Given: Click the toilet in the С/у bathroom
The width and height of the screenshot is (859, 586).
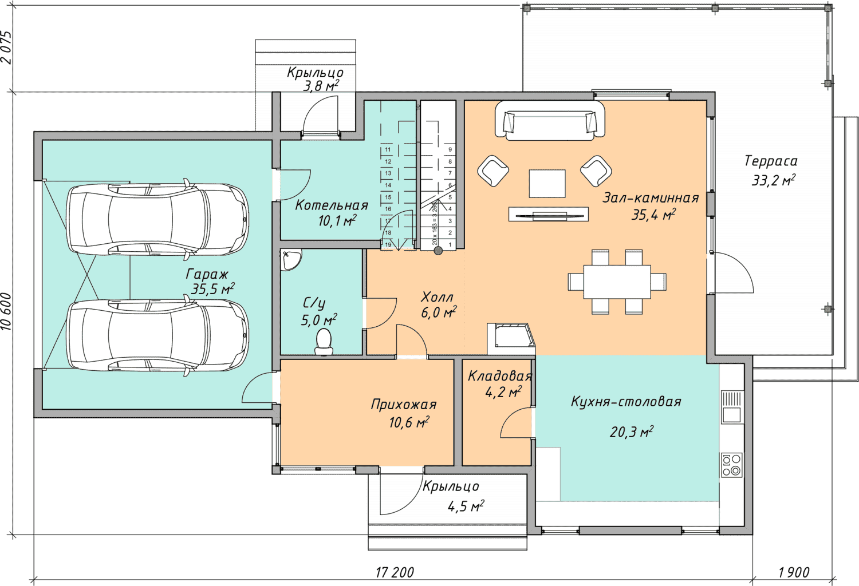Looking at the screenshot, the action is [324, 342].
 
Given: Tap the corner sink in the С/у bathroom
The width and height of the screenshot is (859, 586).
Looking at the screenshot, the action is [290, 259].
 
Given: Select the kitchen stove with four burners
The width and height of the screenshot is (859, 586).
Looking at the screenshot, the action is [732, 465].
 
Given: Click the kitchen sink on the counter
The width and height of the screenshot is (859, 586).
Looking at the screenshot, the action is [732, 407].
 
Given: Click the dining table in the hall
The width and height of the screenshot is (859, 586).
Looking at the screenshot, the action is [617, 282].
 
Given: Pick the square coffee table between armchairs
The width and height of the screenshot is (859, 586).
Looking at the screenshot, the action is [547, 184].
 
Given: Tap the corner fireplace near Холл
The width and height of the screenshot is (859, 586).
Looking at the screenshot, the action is [511, 339].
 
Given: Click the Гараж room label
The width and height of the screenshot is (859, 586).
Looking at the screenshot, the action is [207, 274].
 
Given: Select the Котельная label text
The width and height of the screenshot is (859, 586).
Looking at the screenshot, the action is [332, 205].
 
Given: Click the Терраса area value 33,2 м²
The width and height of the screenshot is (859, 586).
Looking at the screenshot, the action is [773, 180].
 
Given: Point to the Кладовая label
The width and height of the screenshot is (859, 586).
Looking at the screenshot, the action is [500, 376].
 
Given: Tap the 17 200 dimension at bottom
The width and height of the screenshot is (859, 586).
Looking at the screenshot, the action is [395, 572].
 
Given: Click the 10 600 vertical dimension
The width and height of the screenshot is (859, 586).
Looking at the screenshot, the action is [6, 311].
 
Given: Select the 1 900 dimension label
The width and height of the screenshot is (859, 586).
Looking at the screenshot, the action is [794, 572].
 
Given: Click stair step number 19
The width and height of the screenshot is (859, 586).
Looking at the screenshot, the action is [388, 244].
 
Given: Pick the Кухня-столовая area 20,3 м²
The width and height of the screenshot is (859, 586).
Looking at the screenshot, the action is [632, 431].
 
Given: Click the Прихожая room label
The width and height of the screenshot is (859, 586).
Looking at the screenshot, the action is [404, 405].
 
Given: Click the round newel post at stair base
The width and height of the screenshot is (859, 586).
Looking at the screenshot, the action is [438, 251].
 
